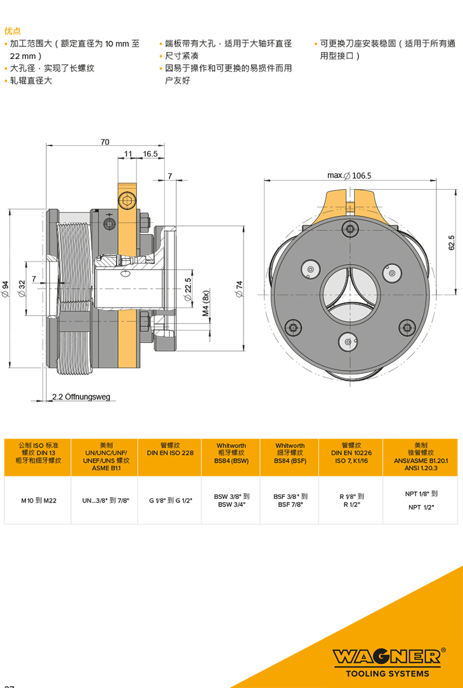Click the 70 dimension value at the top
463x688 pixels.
coord(105,142)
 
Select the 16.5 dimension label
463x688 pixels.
coord(150,154)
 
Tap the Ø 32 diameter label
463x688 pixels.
coord(22,289)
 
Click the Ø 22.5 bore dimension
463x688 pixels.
coord(188,289)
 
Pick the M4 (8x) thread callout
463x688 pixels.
coord(205,304)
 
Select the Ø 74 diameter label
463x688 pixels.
coord(240,289)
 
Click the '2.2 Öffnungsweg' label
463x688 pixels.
coord(81,397)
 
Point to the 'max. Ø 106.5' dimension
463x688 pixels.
coord(349,175)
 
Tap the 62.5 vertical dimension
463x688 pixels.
coord(452,243)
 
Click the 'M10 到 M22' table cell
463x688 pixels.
coord(39,501)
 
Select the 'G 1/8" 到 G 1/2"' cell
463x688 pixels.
coord(171,501)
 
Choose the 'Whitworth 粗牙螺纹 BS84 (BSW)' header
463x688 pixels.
coord(231,453)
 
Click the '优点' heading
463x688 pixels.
coord(12,30)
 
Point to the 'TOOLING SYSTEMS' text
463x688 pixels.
coord(387,673)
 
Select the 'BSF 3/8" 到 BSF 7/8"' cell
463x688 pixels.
coord(290,501)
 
